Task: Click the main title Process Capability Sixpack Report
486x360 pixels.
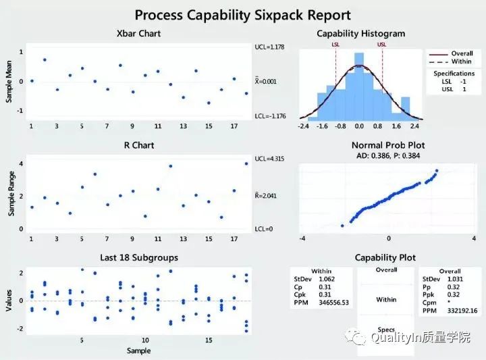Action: click(x=242, y=14)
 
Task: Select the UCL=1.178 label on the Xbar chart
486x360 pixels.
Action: click(x=271, y=47)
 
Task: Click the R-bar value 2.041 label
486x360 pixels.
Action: click(x=268, y=196)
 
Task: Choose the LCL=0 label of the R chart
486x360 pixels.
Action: click(x=265, y=229)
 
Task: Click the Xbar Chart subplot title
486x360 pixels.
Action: click(x=138, y=33)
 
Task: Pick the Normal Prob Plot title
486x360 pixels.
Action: click(x=388, y=145)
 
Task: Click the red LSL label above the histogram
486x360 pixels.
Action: click(x=335, y=45)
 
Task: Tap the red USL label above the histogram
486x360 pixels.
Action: click(x=382, y=45)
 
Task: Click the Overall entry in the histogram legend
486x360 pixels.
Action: click(x=461, y=53)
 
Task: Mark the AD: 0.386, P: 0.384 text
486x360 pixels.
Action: click(x=388, y=155)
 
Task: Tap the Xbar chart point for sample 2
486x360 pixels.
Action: click(x=45, y=59)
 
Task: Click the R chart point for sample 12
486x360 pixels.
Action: click(x=171, y=165)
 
